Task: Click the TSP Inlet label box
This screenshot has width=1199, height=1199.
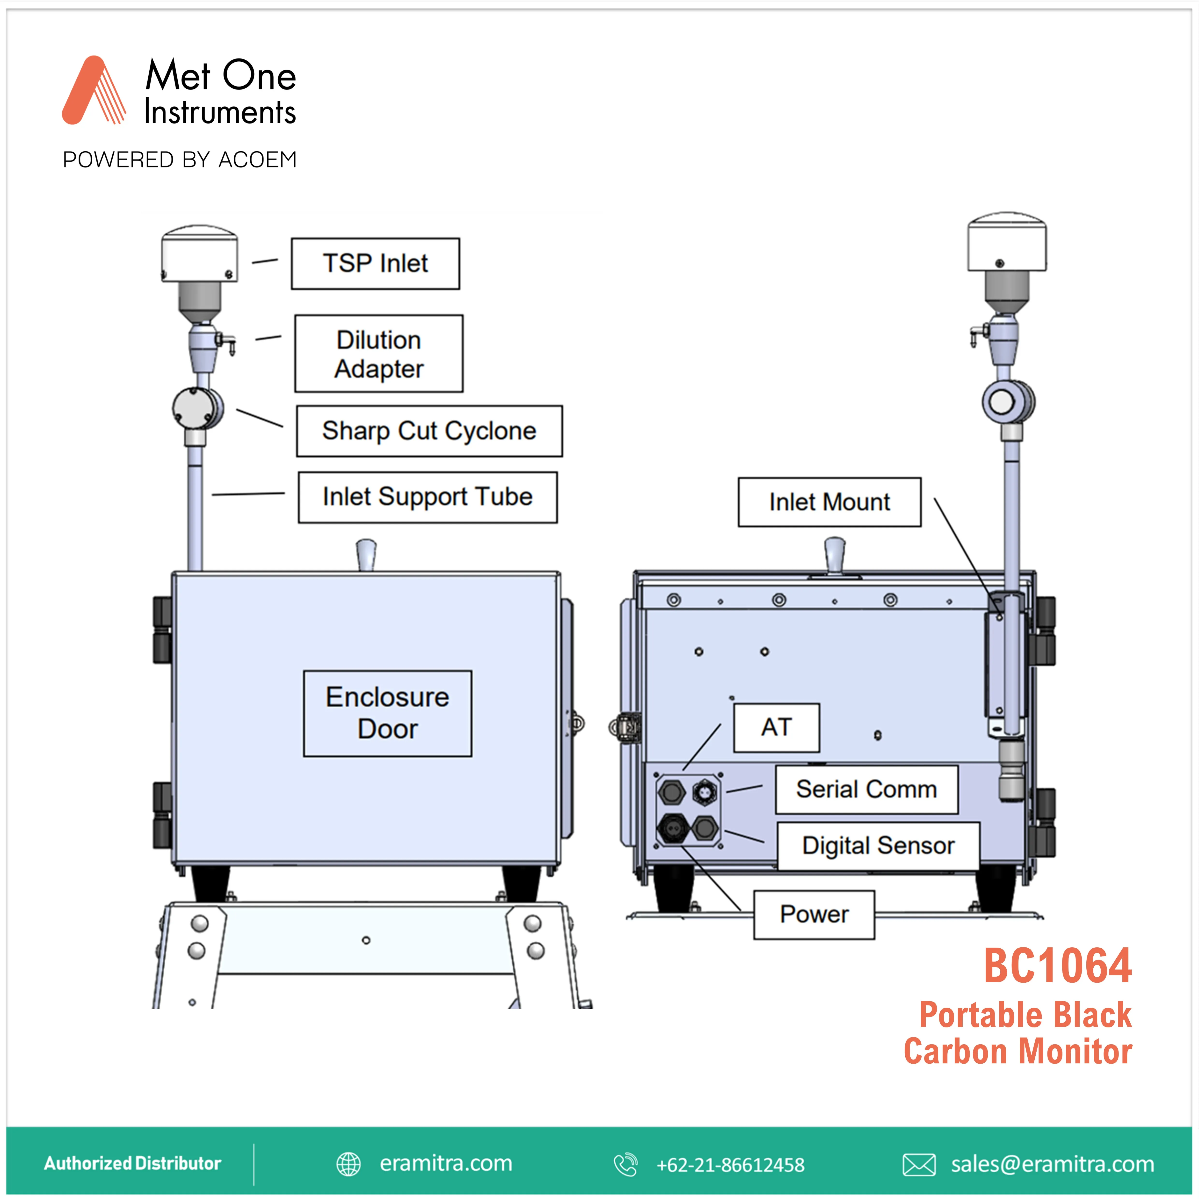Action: [376, 263]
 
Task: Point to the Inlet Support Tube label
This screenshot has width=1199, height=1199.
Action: [428, 497]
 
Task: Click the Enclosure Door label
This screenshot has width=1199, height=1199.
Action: [387, 713]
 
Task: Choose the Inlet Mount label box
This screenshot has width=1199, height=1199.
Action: [829, 502]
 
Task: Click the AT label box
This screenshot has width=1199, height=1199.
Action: [776, 727]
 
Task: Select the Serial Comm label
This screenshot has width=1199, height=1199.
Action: [866, 789]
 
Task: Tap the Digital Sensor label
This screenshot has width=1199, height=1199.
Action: [878, 846]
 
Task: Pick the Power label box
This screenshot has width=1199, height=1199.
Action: [814, 914]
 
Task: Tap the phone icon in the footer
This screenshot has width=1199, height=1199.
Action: [625, 1164]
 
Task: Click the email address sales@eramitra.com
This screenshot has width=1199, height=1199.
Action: [1053, 1164]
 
